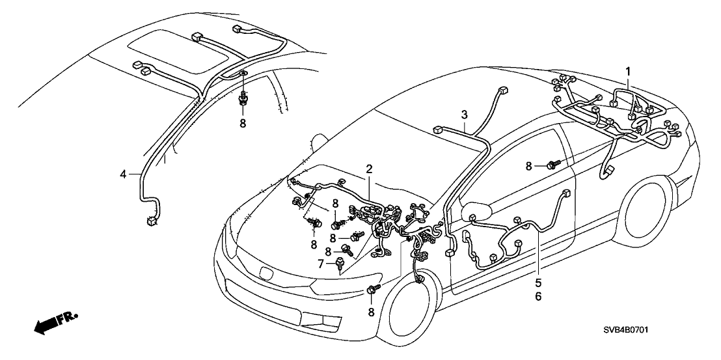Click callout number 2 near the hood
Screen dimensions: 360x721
click(369, 169)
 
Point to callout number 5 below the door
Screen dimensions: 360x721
click(537, 283)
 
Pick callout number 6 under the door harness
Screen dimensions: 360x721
click(537, 297)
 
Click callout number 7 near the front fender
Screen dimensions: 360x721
click(320, 263)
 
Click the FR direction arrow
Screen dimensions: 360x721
click(55, 323)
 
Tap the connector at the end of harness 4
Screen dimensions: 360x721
click(152, 221)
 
